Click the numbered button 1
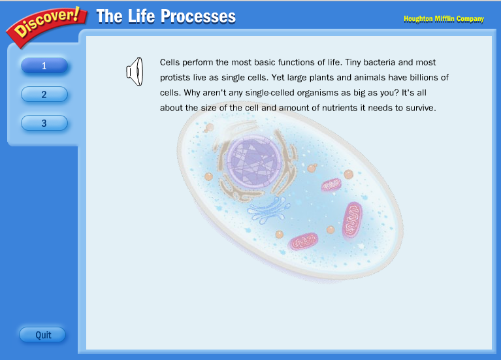[44, 65]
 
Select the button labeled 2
[44, 94]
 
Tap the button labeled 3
[44, 123]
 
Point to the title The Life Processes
[166, 16]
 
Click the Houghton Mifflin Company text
[444, 18]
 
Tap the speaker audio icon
[135, 72]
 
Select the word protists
[176, 78]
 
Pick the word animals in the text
[378, 78]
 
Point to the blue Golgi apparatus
[269, 211]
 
